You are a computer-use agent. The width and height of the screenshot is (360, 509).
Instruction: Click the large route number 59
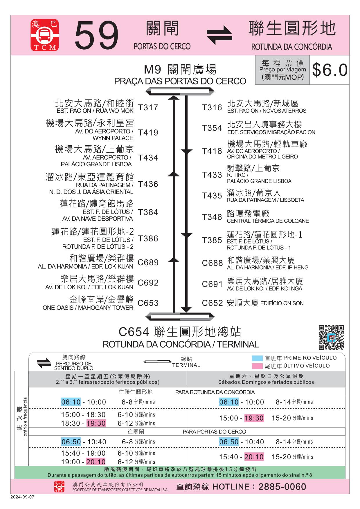tap(97, 35)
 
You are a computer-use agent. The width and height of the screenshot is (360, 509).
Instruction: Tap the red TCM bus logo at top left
tap(45, 35)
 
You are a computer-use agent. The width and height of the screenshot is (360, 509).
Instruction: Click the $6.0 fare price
tap(330, 70)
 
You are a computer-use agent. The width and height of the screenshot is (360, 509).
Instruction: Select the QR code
tap(331, 337)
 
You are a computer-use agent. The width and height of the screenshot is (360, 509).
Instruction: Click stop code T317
tap(148, 108)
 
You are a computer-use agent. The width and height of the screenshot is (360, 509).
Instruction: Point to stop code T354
tap(212, 128)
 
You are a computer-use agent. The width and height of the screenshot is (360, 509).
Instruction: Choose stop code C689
tap(148, 262)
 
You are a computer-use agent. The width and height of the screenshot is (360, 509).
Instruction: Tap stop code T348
tap(212, 217)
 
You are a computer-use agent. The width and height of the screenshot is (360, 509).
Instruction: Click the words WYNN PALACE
tap(113, 138)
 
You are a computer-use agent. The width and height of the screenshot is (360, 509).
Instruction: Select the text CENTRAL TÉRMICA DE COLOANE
tap(268, 221)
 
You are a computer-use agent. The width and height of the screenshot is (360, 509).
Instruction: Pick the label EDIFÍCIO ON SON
tap(282, 303)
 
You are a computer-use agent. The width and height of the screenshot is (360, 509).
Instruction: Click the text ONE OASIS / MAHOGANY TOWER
tap(88, 308)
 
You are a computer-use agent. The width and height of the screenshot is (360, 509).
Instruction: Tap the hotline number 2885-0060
tap(282, 487)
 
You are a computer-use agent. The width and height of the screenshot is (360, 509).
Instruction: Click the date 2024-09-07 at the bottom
tap(22, 497)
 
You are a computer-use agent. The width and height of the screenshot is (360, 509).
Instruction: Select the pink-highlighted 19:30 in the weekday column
tap(96, 423)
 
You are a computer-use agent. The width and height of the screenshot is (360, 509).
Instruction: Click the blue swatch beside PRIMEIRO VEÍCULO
tap(257, 358)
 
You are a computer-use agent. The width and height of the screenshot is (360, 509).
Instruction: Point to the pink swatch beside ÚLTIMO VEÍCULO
tap(257, 366)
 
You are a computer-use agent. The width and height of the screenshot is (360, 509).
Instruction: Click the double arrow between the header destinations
tap(219, 35)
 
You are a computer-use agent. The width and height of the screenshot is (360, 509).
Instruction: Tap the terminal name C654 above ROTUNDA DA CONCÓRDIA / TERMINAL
tap(134, 332)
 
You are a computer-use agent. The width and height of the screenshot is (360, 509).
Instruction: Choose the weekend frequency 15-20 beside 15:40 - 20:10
tap(281, 457)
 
